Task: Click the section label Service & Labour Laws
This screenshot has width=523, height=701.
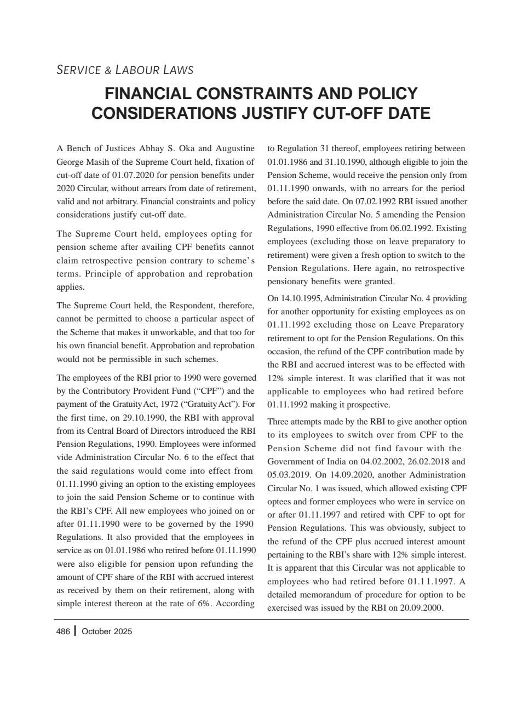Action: click(125, 70)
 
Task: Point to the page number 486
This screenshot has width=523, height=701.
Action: click(63, 631)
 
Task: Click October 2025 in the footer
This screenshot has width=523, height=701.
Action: click(107, 631)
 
